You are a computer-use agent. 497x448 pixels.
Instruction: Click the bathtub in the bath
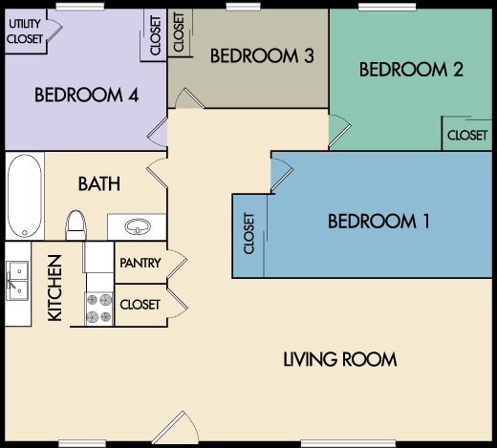click(25, 196)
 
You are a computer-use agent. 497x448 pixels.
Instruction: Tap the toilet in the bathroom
click(76, 224)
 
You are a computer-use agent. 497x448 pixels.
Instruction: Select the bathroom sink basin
click(138, 226)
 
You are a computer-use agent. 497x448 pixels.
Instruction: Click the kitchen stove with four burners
click(98, 309)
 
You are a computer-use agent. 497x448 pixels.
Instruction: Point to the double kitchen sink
click(17, 281)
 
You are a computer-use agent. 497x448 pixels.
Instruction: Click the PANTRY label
click(140, 263)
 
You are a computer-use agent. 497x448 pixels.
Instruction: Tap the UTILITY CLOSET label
click(25, 32)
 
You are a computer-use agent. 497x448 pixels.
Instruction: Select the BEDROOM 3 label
click(262, 55)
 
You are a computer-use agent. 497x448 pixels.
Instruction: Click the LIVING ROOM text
click(340, 359)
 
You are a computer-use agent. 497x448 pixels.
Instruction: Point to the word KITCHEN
click(54, 288)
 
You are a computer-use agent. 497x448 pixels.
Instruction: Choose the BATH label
click(99, 183)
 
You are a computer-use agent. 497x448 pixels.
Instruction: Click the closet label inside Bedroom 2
click(467, 136)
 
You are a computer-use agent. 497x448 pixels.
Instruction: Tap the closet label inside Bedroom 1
click(248, 233)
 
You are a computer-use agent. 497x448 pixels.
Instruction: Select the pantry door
click(176, 263)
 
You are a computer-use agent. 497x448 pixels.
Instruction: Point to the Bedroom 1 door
click(282, 175)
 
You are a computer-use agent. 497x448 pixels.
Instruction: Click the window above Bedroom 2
click(387, 7)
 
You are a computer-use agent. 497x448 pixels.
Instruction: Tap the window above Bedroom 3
click(243, 7)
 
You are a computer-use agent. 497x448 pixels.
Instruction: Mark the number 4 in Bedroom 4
click(133, 95)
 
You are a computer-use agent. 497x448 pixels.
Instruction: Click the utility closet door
click(54, 32)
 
